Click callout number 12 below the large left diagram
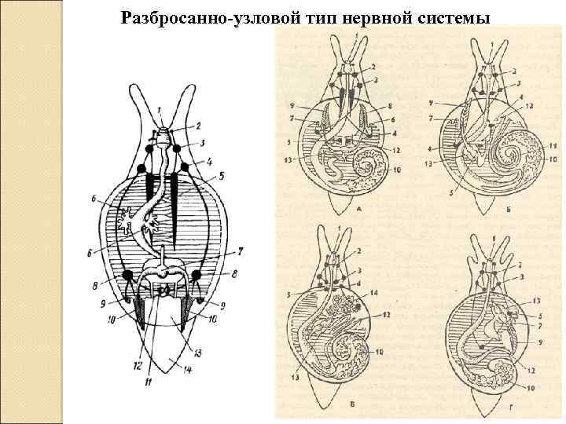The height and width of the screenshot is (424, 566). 137,365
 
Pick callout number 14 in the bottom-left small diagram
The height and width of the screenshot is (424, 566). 396,294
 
